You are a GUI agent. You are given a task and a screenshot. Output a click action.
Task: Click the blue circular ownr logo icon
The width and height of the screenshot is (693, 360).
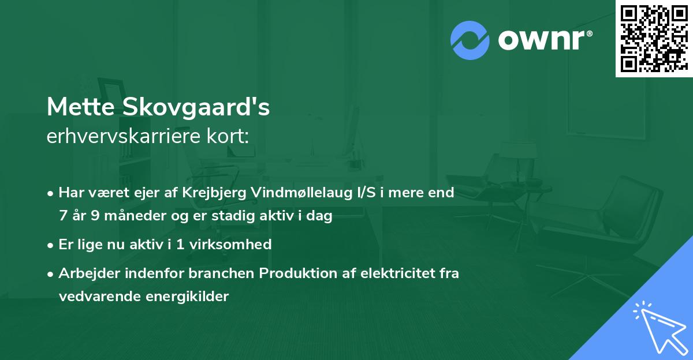pyautogui.click(x=470, y=40)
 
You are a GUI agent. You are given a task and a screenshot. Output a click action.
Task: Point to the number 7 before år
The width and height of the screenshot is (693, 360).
pyautogui.click(x=62, y=216)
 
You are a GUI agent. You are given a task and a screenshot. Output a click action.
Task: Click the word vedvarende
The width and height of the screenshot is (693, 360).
pyautogui.click(x=94, y=297)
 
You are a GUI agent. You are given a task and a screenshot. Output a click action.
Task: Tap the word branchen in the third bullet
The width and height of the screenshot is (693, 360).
pyautogui.click(x=227, y=273)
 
